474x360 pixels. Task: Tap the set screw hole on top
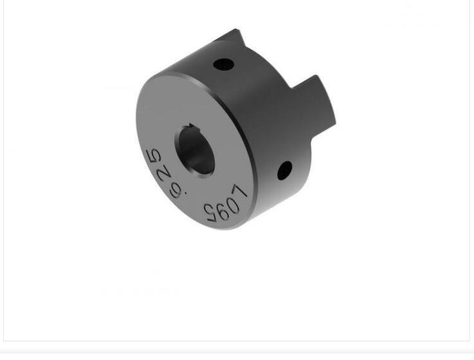(x=223, y=64)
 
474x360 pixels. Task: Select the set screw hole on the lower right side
(x=284, y=170)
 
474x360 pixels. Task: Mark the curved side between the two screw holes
(x=264, y=116)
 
